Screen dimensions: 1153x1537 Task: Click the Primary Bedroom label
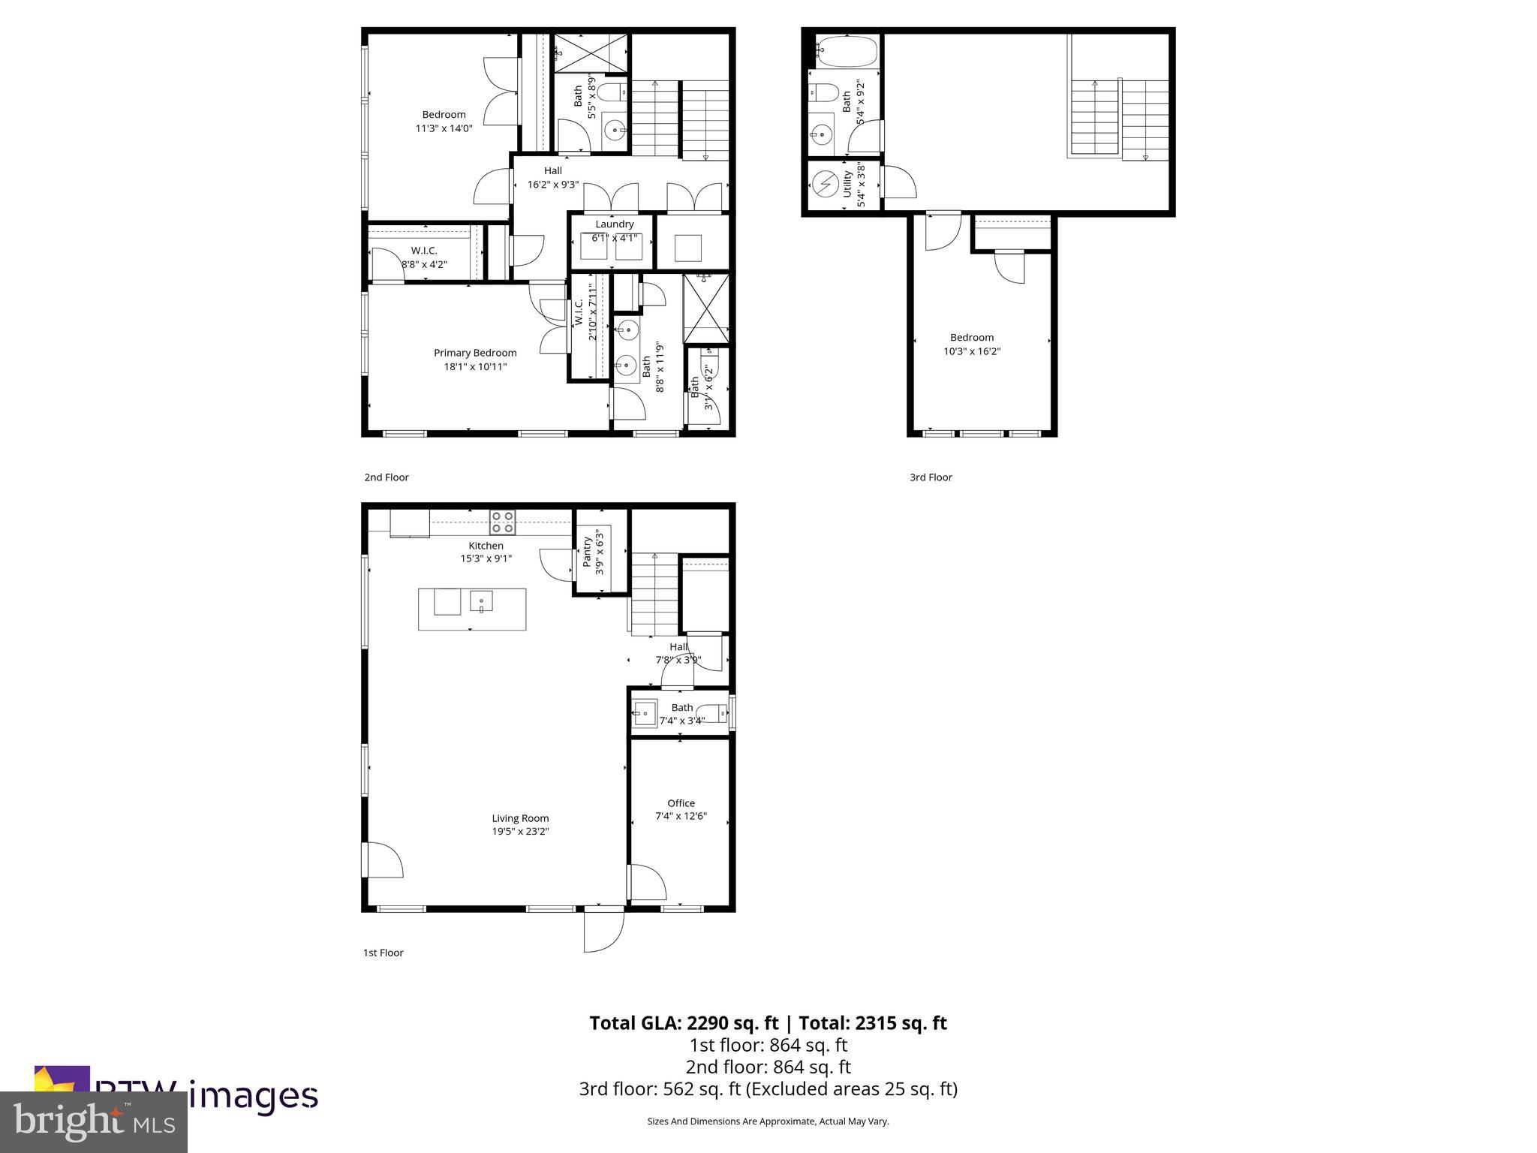click(x=475, y=353)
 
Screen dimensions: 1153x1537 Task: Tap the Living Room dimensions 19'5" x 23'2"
click(x=520, y=832)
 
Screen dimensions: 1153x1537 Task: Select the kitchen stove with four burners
click(x=503, y=522)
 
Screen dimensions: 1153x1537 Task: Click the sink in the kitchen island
click(x=481, y=601)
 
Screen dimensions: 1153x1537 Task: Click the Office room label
click(x=681, y=803)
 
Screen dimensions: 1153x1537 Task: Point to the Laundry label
click(x=615, y=224)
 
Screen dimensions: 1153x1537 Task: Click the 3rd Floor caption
click(x=931, y=477)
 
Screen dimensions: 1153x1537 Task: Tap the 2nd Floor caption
click(x=387, y=477)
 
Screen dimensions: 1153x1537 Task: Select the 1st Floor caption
click(x=383, y=953)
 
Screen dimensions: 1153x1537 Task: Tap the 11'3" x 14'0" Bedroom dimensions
click(x=444, y=128)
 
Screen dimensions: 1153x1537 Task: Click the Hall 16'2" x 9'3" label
click(x=553, y=177)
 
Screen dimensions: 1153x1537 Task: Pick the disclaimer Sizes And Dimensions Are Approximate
click(x=768, y=1121)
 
